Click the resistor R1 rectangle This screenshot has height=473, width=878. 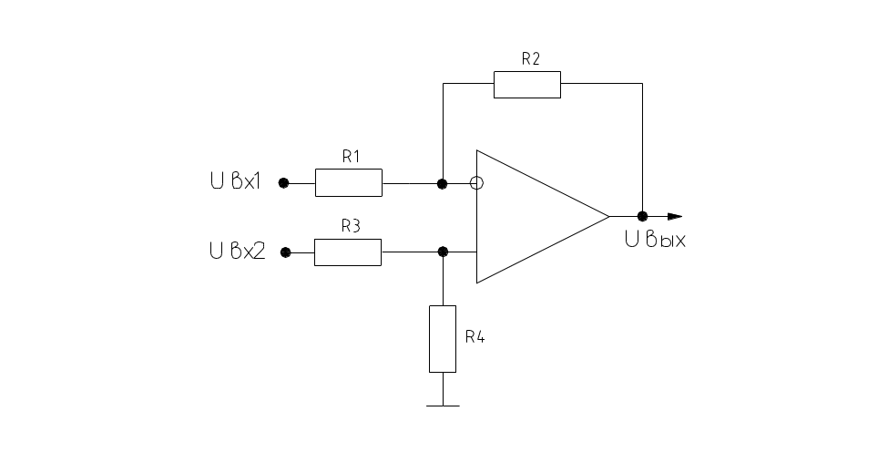tap(348, 183)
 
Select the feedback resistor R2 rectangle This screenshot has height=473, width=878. tap(526, 84)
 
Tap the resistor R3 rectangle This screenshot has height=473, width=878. tap(347, 252)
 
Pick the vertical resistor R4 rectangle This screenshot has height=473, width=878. tap(443, 339)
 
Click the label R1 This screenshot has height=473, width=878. tap(352, 157)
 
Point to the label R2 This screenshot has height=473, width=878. tap(530, 58)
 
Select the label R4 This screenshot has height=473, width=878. tap(475, 336)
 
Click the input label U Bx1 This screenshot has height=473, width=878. tap(235, 182)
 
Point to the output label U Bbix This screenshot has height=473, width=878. tap(655, 241)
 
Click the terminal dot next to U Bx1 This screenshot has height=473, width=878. tap(283, 183)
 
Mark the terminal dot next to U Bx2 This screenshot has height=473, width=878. tap(285, 252)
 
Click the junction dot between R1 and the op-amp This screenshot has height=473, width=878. tap(443, 183)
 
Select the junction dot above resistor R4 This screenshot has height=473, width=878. tap(443, 252)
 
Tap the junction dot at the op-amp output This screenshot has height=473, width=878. tap(642, 216)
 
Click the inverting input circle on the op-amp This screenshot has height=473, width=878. tap(475, 183)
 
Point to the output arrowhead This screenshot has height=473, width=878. tap(673, 216)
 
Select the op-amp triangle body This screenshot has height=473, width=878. tap(528, 217)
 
